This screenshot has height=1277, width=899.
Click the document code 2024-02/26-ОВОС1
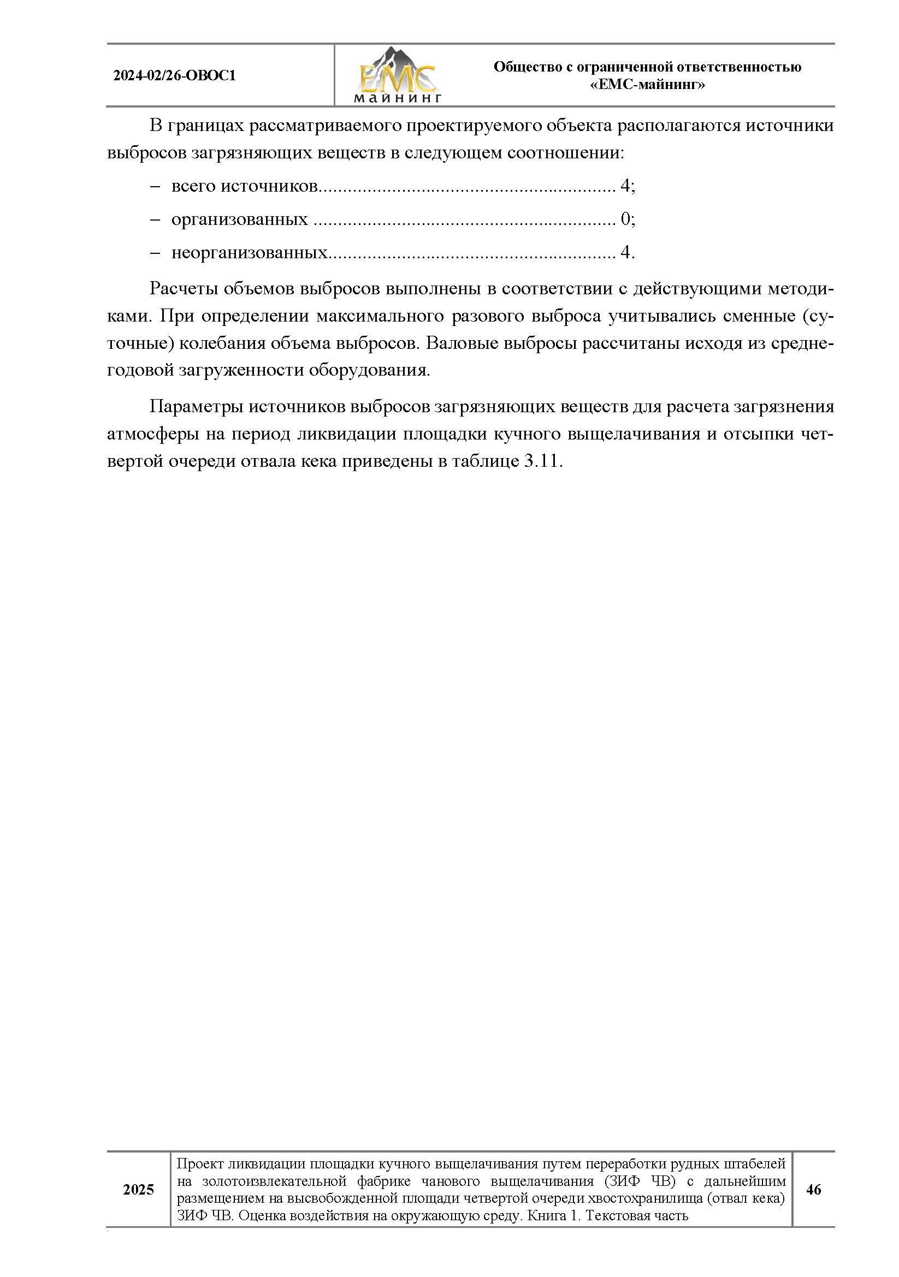[174, 76]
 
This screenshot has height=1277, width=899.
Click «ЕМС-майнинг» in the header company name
[647, 85]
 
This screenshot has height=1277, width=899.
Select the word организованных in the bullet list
[239, 219]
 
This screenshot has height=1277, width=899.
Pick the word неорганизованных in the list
[249, 253]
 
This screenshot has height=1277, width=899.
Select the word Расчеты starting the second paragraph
[183, 289]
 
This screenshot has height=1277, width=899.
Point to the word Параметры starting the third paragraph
[196, 407]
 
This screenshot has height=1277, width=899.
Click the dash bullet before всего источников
[155, 186]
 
